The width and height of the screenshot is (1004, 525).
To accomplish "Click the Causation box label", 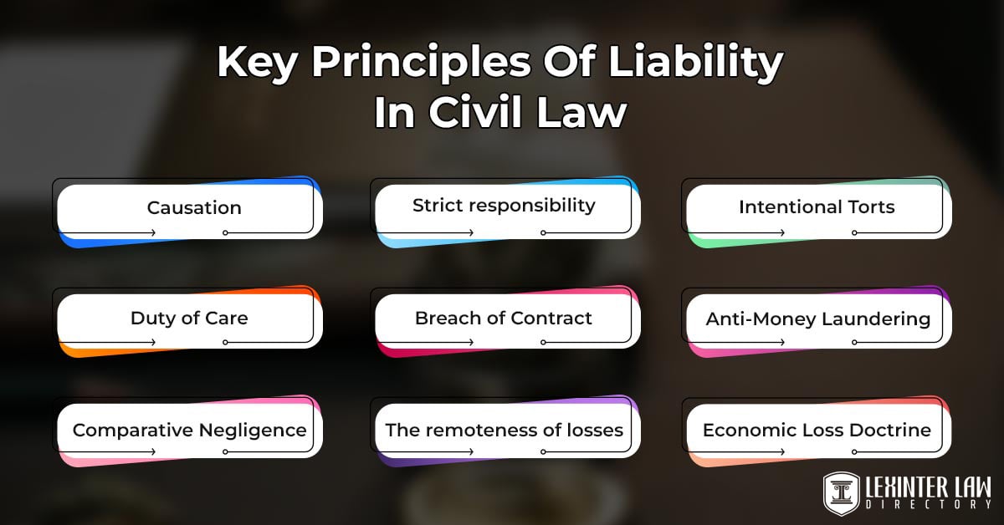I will tap(194, 207).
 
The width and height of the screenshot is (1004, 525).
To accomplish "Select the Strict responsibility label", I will tap(504, 205).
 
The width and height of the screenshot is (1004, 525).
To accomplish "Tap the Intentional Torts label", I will tap(817, 206).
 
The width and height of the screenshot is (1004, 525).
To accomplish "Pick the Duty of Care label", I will tap(189, 318).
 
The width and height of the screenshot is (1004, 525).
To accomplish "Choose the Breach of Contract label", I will tap(504, 318).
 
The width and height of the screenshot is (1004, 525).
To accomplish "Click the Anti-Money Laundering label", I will tap(817, 319).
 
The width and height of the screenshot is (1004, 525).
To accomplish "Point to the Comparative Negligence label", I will tap(189, 430).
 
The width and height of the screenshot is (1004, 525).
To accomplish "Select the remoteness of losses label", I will tap(504, 430).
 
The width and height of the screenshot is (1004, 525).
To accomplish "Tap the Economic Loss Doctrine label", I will tap(817, 430).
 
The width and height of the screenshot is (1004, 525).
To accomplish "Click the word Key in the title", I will tap(251, 64).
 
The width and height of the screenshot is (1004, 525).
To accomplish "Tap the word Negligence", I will tap(252, 430).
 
